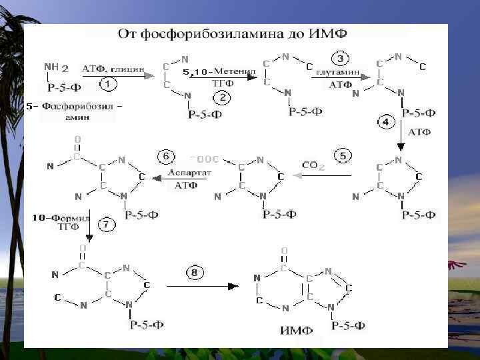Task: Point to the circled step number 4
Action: (386, 122)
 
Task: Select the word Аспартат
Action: (190, 172)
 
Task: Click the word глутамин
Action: (338, 71)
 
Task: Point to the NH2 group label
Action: (56, 67)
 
